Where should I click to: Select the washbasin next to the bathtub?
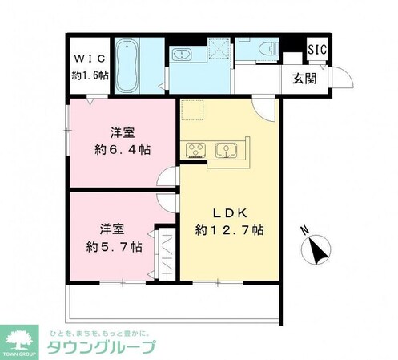[x=182, y=55]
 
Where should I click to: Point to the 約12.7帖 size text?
[x=230, y=230]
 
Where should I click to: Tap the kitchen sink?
[x=226, y=150]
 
